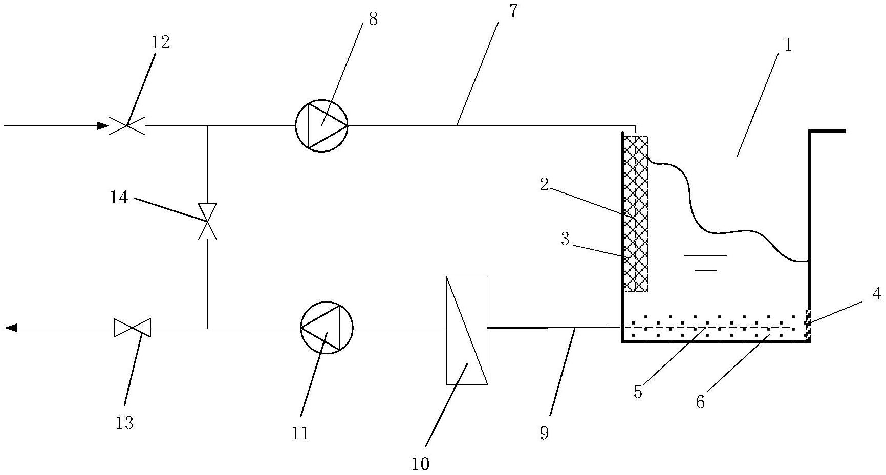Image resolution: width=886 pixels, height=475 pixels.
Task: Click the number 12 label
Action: (160, 42)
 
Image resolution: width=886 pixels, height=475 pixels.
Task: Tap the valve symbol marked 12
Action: (127, 125)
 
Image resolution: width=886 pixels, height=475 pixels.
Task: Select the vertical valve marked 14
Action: (207, 222)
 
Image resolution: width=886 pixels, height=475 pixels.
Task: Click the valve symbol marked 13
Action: (132, 328)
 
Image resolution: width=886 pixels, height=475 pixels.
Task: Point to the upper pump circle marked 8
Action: (321, 125)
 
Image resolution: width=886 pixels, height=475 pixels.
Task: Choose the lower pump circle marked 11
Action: (327, 328)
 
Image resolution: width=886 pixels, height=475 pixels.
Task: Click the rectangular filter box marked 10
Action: (467, 330)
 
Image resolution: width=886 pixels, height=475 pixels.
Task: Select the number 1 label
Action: (788, 45)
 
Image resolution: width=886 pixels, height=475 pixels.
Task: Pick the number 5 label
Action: (638, 392)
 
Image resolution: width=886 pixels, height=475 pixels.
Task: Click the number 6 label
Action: (700, 402)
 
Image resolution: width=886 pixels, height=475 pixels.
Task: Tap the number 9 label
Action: (544, 433)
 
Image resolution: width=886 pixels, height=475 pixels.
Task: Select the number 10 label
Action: (420, 464)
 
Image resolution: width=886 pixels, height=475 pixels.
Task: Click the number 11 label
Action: (300, 433)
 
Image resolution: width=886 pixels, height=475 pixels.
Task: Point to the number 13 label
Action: (125, 423)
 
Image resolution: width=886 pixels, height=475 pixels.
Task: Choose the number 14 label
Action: (119, 197)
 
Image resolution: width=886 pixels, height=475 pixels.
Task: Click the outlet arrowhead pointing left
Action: (11, 328)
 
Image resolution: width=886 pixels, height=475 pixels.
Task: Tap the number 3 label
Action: (565, 239)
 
